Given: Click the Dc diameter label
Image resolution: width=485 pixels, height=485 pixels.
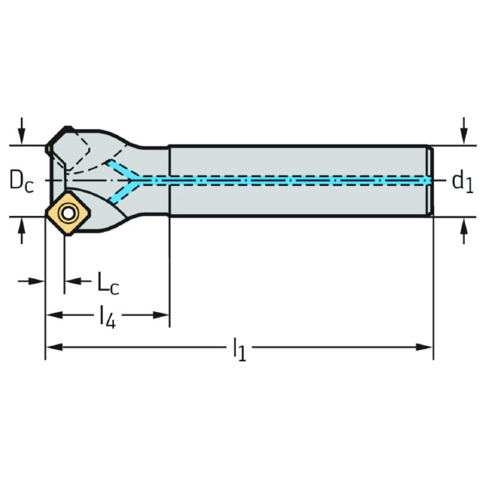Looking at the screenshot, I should click(22, 181).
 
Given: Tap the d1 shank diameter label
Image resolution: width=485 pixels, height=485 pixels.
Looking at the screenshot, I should click(462, 181).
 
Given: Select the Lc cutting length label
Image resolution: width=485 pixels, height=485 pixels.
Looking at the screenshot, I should click(108, 282).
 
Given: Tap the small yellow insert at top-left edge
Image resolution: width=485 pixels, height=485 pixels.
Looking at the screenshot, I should click(49, 149).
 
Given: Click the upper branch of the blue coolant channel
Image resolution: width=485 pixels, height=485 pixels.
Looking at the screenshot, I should click(124, 168).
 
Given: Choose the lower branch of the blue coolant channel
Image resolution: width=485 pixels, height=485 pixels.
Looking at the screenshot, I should click(124, 192).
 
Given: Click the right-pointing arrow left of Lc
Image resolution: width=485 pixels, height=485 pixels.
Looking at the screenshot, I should click(37, 281).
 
